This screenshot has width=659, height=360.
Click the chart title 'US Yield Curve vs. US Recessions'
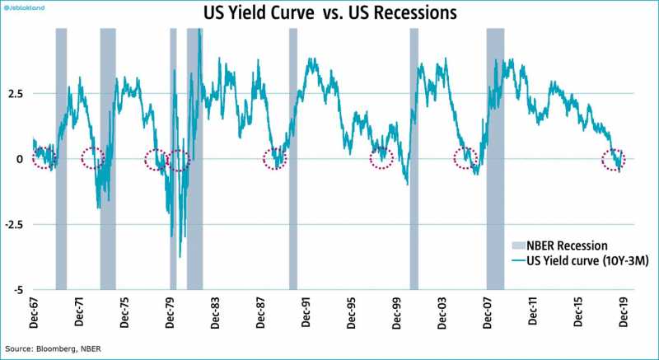click(329, 14)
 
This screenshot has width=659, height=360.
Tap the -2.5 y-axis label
click(13, 224)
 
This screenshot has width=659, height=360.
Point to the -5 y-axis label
click(16, 290)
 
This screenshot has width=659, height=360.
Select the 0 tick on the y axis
click(20, 158)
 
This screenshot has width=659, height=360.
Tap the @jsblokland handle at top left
click(26, 7)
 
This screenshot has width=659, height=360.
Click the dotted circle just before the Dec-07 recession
click(466, 159)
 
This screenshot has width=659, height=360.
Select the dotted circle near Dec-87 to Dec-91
click(275, 159)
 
